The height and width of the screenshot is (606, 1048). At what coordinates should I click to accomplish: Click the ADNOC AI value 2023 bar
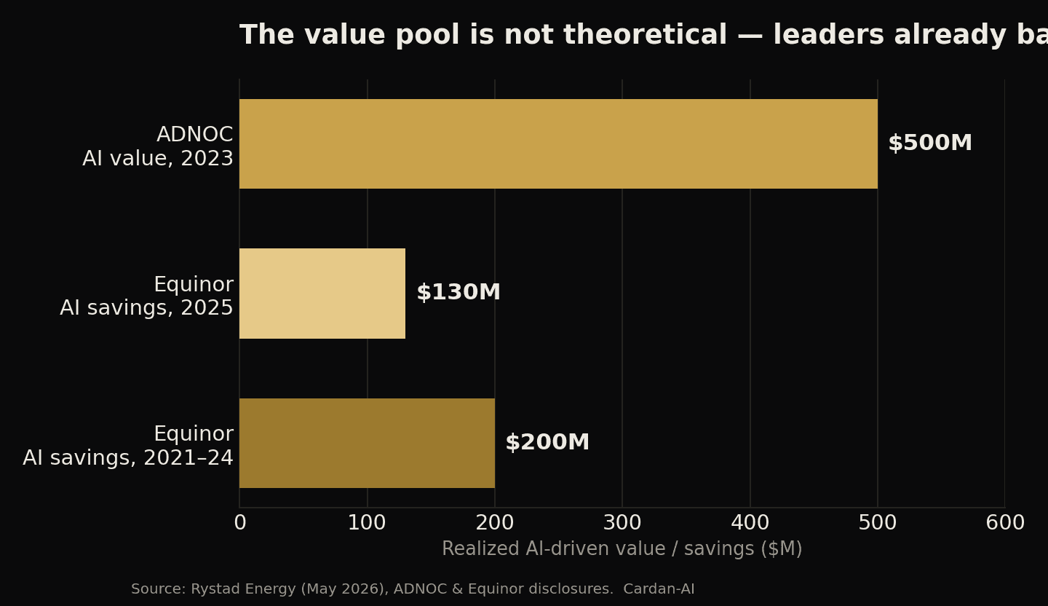[x=558, y=143]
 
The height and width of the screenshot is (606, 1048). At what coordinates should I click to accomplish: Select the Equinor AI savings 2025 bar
[x=322, y=294]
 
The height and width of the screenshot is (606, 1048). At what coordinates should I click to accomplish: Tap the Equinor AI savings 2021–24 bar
[x=368, y=443]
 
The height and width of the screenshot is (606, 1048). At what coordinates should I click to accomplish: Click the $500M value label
[x=930, y=143]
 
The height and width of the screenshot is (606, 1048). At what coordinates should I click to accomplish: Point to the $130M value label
[x=458, y=292]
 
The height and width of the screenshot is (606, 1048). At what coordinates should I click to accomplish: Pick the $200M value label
[x=547, y=442]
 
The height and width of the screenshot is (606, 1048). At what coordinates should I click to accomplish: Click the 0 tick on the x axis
[x=240, y=523]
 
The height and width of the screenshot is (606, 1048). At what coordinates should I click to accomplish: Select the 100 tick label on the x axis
[x=368, y=523]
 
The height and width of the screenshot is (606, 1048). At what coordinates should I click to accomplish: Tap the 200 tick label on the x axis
[x=495, y=523]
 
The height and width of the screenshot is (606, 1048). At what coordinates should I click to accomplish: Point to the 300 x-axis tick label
[x=622, y=523]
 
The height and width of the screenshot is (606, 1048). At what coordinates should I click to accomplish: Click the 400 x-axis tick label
[x=750, y=523]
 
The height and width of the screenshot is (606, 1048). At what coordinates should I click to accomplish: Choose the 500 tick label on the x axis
[x=878, y=523]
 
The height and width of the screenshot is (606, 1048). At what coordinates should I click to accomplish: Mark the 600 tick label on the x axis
[x=1005, y=523]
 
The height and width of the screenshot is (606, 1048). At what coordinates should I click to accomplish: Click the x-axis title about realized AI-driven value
[x=622, y=549]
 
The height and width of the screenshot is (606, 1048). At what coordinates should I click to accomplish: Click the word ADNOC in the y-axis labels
[x=194, y=135]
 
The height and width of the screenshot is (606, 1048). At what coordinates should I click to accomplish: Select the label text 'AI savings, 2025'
[x=146, y=308]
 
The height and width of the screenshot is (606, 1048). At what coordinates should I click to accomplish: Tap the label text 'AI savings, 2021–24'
[x=128, y=457]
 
